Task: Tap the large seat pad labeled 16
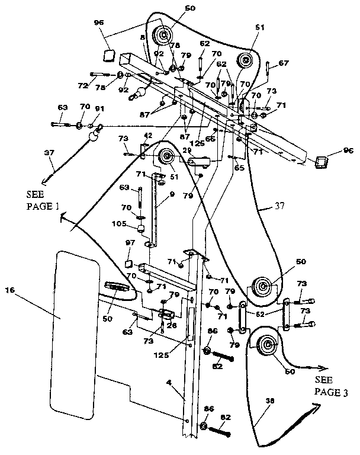(74, 332)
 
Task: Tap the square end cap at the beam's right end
(322, 161)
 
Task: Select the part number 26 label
(171, 324)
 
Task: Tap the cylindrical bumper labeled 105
(143, 229)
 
